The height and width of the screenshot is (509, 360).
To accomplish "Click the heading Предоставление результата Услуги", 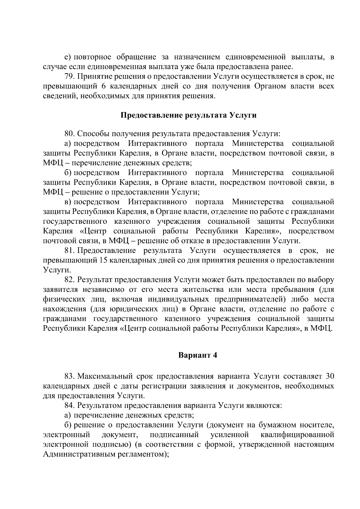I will (x=188, y=115).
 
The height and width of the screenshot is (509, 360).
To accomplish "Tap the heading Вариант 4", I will (x=197, y=355).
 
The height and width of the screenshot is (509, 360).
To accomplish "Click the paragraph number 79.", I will (x=69, y=76).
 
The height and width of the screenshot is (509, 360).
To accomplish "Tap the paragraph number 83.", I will (x=69, y=376).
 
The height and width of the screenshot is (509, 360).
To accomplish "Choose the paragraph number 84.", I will (x=69, y=406).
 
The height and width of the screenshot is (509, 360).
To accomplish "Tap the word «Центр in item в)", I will (x=93, y=231).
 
